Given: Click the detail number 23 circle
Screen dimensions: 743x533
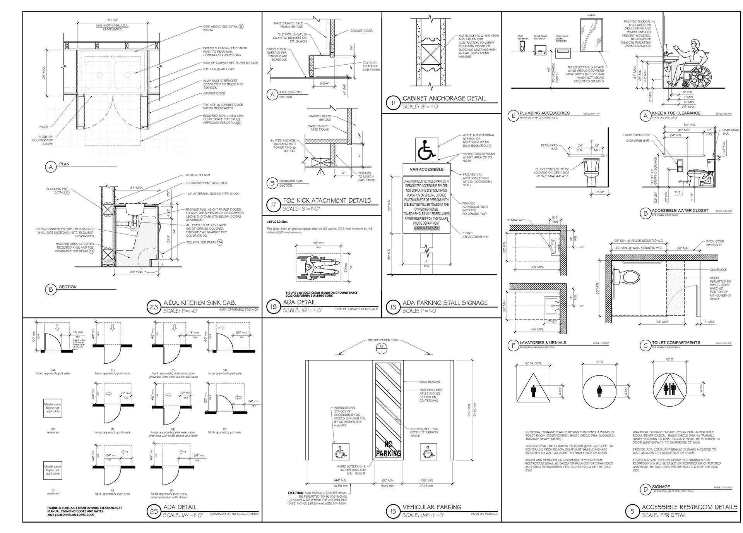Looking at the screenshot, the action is coord(154,307).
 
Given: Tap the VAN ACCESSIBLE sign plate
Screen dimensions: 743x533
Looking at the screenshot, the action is coord(426,169).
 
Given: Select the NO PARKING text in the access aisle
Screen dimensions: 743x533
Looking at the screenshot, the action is coord(388,449).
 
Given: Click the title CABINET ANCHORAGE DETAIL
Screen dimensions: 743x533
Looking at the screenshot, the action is coord(444,98).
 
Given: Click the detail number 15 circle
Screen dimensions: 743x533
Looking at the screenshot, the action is coord(393,511).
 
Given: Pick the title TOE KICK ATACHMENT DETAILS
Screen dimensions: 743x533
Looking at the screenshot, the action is coord(327,200).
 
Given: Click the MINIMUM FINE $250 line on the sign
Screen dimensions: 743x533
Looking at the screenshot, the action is coord(426,228).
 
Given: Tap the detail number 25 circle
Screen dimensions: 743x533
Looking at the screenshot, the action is coord(154,511).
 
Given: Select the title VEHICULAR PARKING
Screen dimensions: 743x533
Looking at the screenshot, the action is coord(432,507).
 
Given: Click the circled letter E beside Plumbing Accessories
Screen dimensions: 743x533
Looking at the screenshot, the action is coord(513,115).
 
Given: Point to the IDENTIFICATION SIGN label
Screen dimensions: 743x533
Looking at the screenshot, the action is coord(383,340).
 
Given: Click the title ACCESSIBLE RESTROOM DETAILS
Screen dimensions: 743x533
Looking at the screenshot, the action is coord(689,507).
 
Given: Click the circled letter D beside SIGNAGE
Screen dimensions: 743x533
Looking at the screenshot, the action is coord(645,489).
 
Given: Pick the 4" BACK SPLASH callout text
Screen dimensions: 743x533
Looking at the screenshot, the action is coord(197,175).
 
